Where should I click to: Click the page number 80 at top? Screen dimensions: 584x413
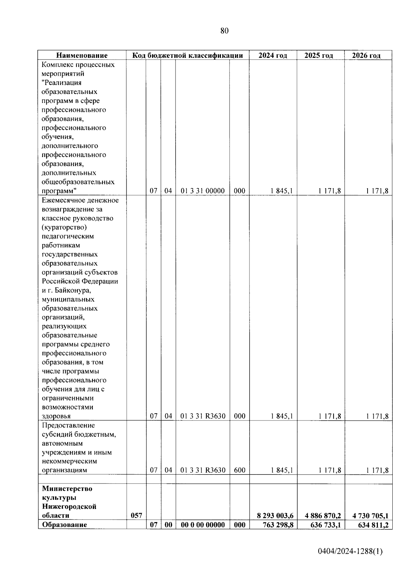224,31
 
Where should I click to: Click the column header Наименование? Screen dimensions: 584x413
82,55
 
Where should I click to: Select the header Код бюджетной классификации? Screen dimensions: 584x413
188,55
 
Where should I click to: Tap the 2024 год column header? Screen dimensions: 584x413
273,55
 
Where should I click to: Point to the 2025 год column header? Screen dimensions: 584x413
319,55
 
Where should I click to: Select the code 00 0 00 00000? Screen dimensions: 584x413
202,525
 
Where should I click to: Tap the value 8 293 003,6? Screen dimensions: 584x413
275,516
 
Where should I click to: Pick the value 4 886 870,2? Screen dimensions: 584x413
322,516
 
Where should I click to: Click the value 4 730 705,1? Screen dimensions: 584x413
370,516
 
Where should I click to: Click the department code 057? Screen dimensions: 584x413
137,516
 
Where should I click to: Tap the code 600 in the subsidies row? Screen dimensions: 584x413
240,470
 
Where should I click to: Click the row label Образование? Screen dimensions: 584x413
64,525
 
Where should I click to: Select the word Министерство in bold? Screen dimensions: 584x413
67,489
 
